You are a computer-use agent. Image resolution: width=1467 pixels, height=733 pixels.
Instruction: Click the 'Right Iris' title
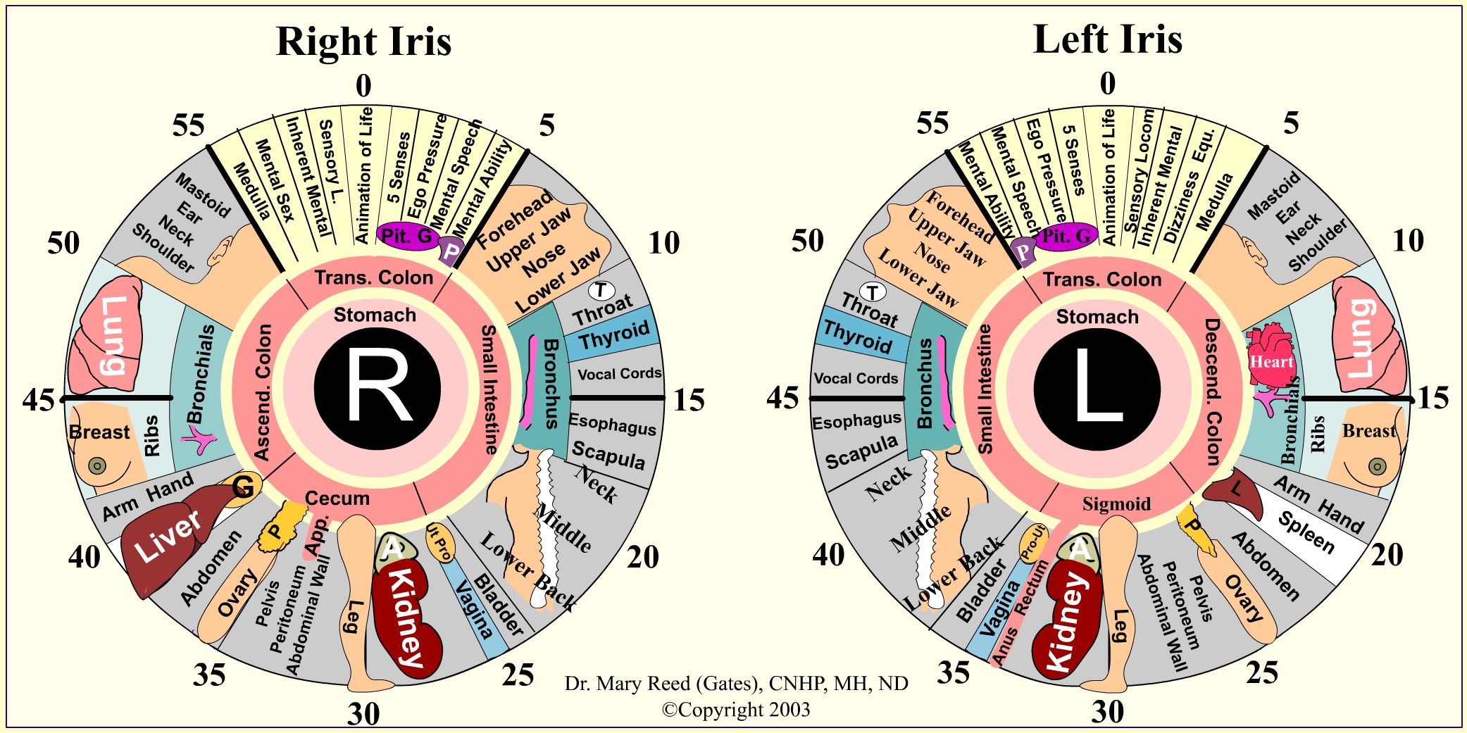click(363, 41)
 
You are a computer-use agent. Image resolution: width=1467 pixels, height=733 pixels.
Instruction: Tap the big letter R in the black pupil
click(378, 387)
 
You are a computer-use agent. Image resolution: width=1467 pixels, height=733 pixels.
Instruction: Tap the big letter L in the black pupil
click(1097, 389)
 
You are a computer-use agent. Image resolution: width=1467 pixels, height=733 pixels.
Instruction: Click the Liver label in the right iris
click(168, 537)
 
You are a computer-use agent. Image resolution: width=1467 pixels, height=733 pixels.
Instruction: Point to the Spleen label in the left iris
click(1306, 532)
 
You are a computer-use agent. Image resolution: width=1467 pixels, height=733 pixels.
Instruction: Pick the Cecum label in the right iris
click(337, 499)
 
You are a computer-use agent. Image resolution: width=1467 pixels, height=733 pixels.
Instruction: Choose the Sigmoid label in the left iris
click(1116, 504)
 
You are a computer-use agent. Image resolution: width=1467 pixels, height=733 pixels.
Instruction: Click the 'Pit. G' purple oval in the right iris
click(406, 236)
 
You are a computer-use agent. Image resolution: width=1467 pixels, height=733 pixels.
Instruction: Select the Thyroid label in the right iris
click(613, 336)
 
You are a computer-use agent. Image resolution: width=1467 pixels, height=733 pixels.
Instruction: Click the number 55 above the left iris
click(932, 123)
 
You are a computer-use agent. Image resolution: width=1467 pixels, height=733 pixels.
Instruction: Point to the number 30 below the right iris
click(363, 714)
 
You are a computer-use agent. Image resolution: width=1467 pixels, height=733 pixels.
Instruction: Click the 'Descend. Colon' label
click(1212, 391)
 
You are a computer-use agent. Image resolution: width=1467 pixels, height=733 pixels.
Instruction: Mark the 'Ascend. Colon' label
click(263, 392)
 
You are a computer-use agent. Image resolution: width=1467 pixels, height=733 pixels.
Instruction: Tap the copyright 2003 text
click(735, 709)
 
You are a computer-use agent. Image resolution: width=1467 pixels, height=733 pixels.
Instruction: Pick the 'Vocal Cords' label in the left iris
click(856, 378)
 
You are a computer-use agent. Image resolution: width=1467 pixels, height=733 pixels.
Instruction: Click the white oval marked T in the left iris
click(873, 292)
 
